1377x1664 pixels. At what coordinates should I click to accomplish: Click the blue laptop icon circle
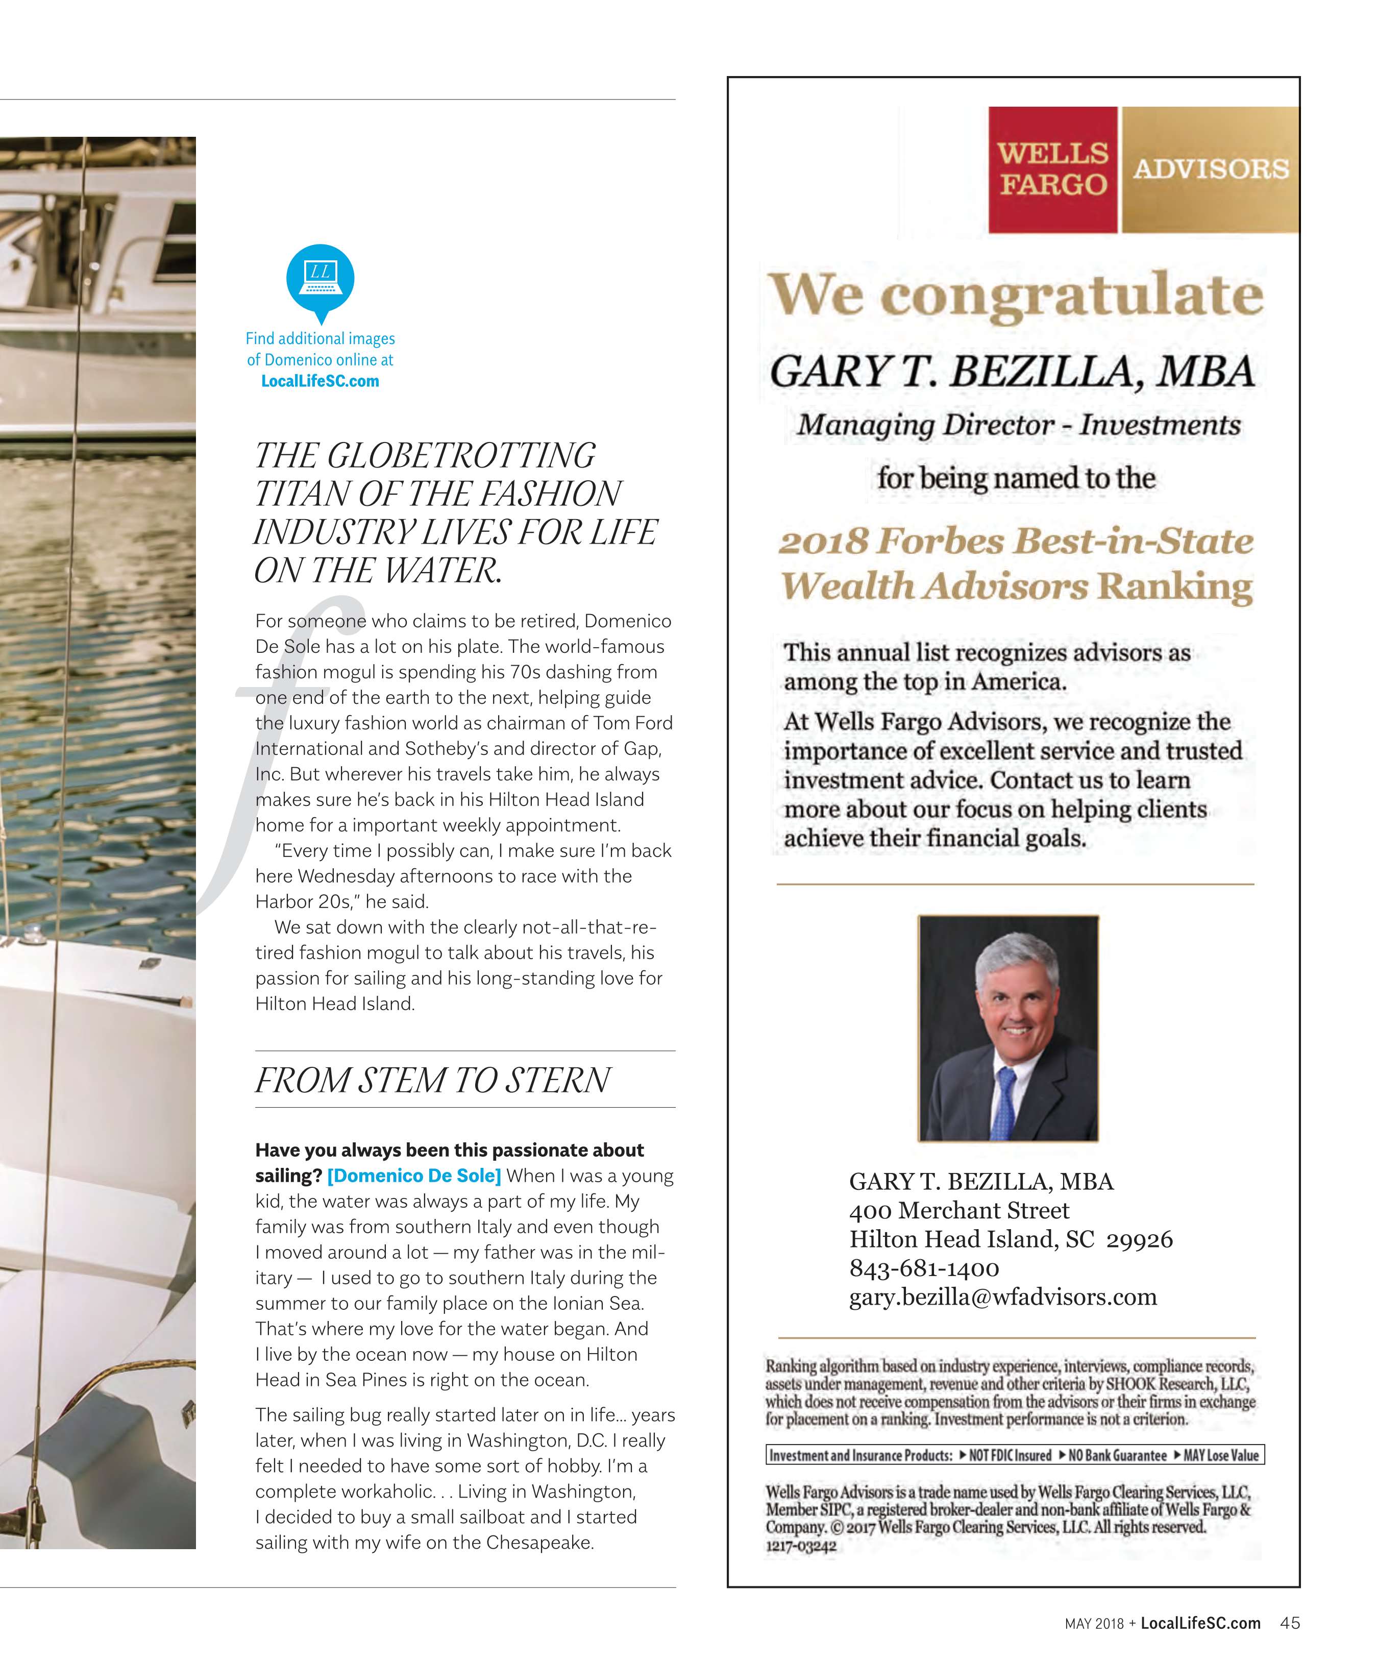320,277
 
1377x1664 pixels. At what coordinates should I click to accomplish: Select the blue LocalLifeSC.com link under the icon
320,381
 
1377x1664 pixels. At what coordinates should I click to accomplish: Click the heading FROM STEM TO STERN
433,1080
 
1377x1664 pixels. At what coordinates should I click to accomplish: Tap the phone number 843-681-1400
924,1268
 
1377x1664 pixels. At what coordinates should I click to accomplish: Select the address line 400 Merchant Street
958,1211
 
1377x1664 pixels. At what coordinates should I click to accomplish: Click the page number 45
1290,1623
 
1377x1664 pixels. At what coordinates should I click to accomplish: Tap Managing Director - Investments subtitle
1019,426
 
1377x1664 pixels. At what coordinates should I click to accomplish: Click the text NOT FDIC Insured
1004,1456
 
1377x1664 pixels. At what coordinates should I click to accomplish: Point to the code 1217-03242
800,1546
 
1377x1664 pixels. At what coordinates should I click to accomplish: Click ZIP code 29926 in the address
1139,1239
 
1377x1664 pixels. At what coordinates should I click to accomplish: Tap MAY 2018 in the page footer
1094,1624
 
